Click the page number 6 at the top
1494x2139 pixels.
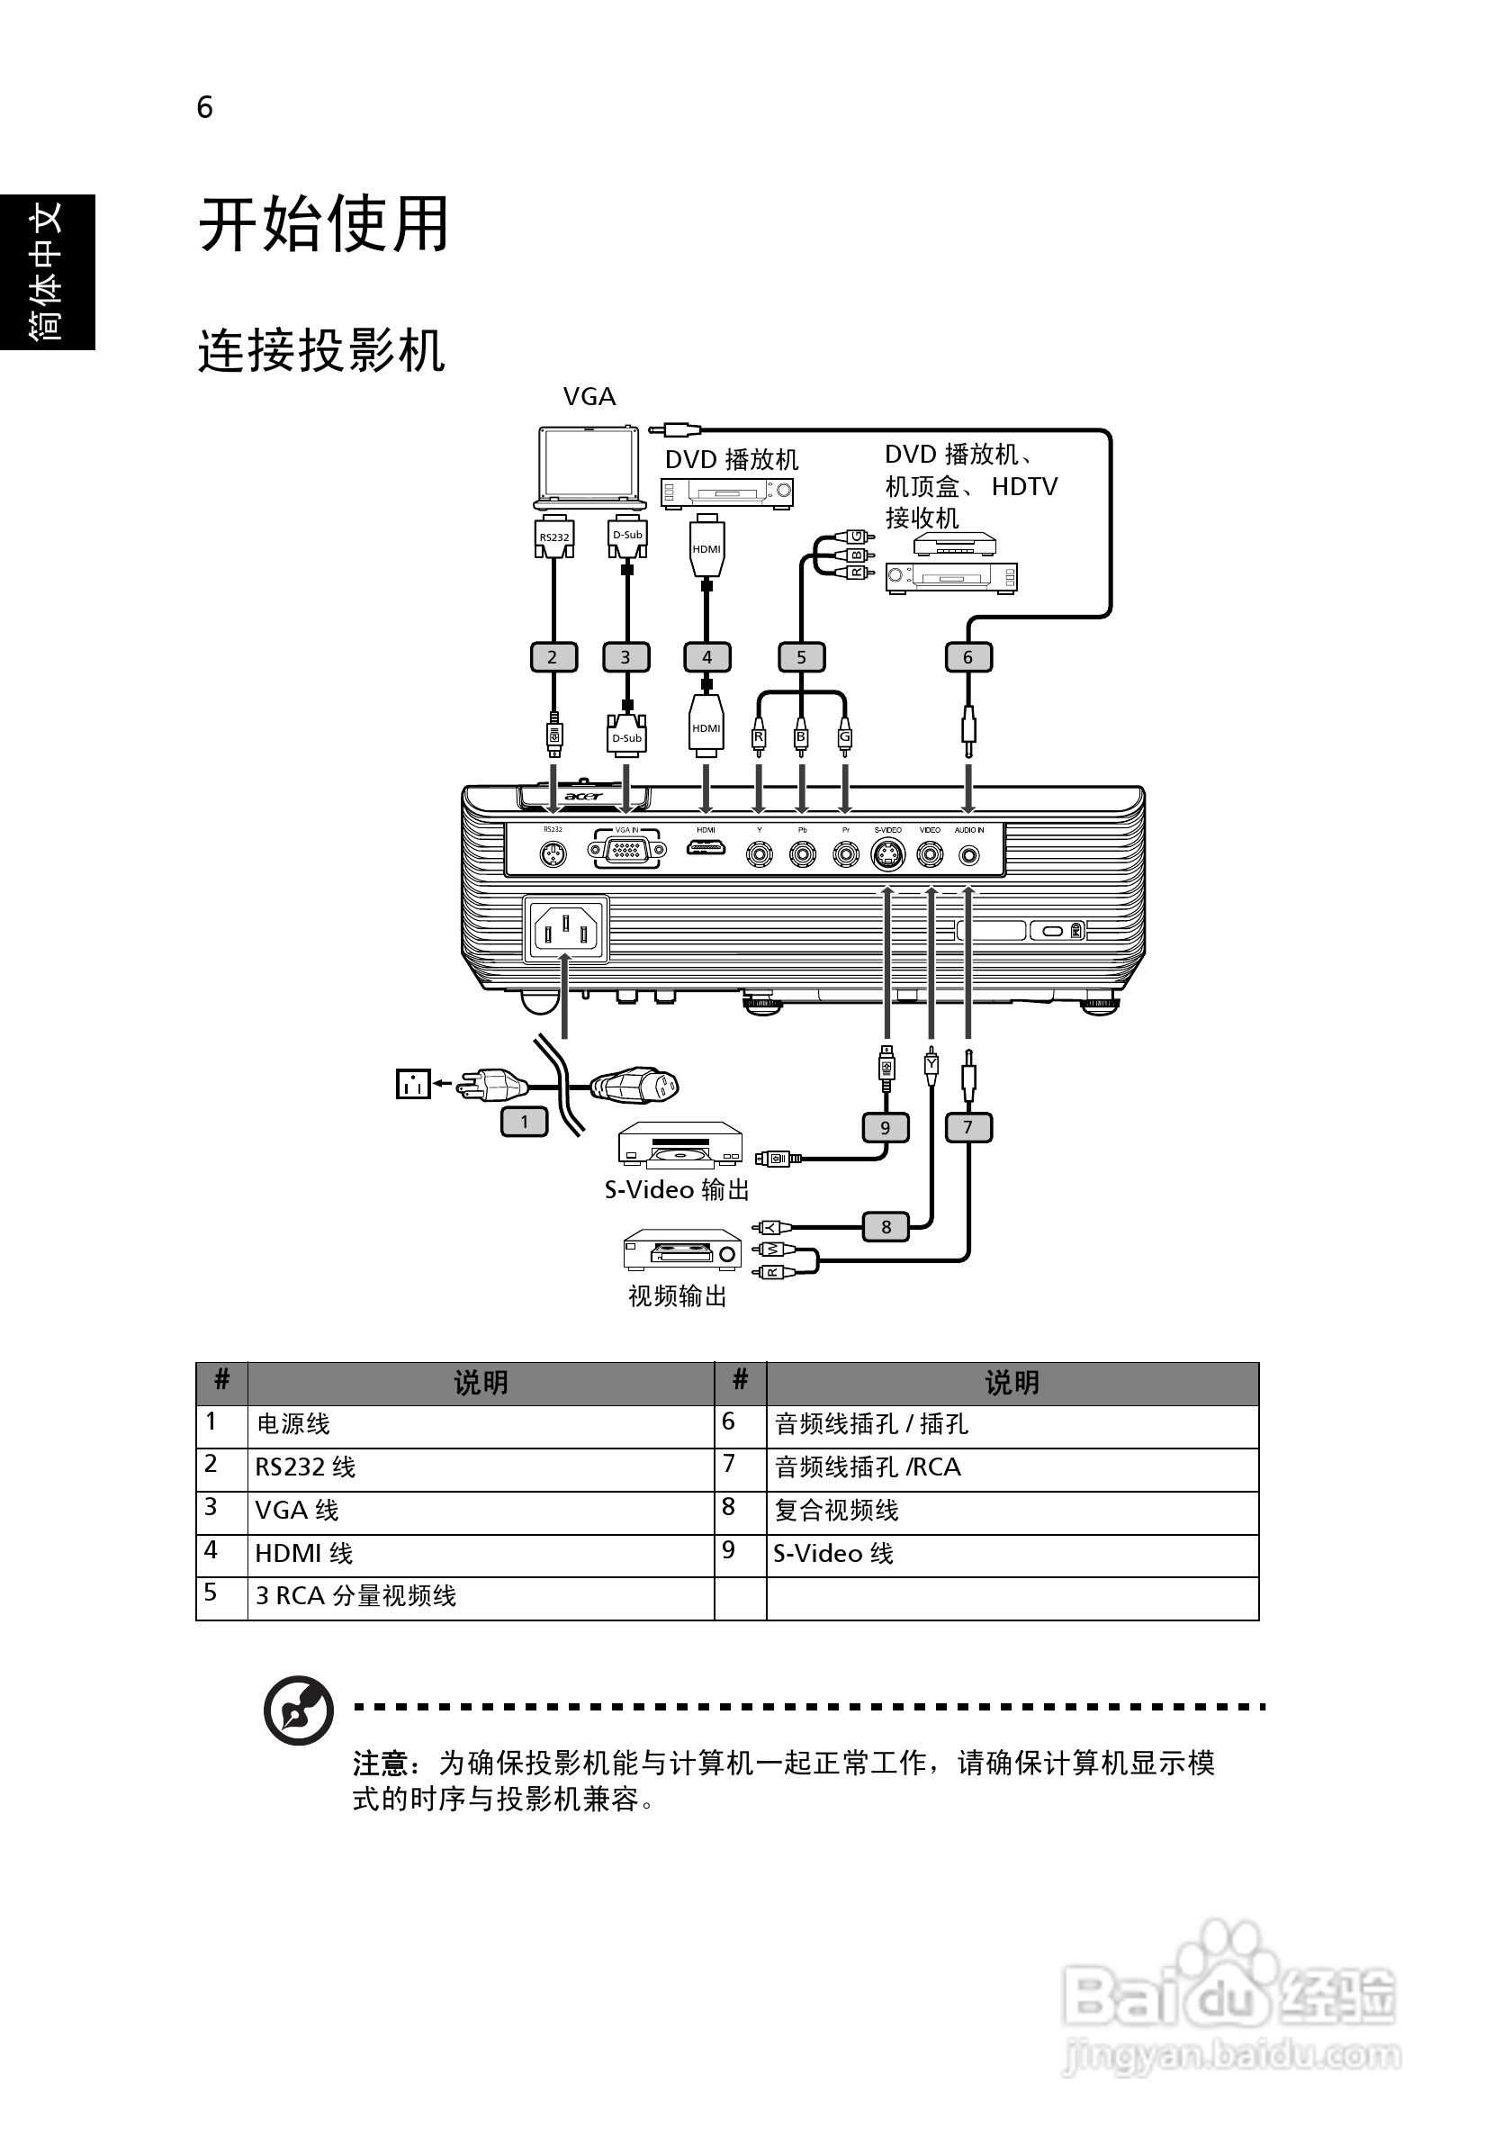(x=205, y=108)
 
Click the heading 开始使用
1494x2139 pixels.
(x=323, y=224)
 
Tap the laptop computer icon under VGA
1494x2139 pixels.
(x=589, y=466)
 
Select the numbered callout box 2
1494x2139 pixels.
(x=553, y=657)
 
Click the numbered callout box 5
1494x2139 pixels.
(x=801, y=657)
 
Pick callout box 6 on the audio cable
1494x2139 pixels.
(x=967, y=657)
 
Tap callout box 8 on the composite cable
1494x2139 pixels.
(x=886, y=1227)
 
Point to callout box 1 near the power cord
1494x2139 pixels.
(x=525, y=1122)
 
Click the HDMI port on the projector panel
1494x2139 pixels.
(x=706, y=849)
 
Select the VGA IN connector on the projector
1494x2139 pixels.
(x=626, y=850)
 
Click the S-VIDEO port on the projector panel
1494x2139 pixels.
(x=887, y=853)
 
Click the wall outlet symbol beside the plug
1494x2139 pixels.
(x=412, y=1084)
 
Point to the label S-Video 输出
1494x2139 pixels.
(x=676, y=1189)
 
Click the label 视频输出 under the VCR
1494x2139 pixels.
(x=677, y=1295)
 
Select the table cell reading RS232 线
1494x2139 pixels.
(x=305, y=1467)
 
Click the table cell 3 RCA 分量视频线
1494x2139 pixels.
(x=355, y=1596)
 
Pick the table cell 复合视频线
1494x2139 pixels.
(x=836, y=1510)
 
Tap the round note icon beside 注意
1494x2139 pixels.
(x=298, y=1710)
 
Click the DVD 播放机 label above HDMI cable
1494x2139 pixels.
(x=731, y=459)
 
